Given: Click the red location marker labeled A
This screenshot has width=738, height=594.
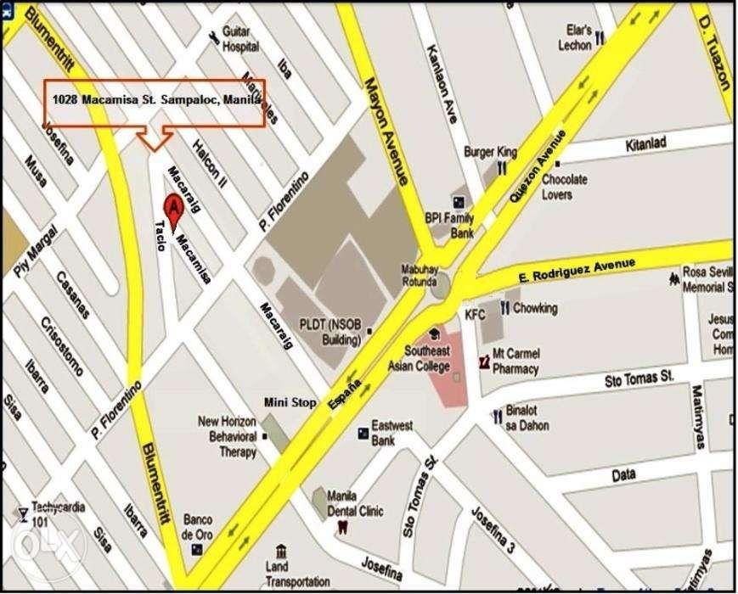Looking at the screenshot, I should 172,208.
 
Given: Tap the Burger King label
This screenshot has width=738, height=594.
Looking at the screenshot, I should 490,152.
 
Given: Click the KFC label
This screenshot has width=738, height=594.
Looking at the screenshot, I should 475,314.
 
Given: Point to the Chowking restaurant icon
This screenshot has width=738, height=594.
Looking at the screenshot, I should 505,309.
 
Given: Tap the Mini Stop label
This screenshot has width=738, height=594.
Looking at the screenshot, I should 289,403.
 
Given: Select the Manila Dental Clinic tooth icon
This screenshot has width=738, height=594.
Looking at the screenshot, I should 343,526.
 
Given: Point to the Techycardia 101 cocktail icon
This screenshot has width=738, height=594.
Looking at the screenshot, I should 22,513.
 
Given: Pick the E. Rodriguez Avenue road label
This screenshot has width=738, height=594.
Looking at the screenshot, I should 577,273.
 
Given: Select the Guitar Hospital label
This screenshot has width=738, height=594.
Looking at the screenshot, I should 240,40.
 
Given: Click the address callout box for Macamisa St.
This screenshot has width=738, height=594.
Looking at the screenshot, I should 155,103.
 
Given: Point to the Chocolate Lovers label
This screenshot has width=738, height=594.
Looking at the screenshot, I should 565,187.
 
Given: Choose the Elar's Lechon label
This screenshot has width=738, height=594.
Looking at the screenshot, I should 575,37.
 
